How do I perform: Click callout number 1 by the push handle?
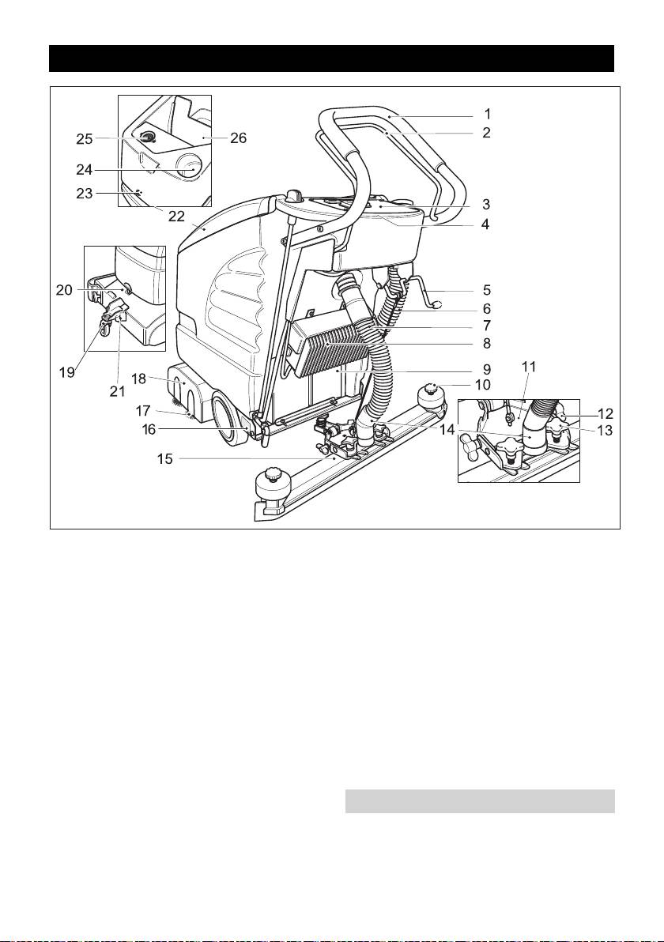coord(487,113)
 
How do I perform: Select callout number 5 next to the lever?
coord(487,289)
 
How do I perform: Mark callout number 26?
coord(237,138)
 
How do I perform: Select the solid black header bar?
coord(331,58)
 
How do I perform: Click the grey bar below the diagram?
coord(480,801)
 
